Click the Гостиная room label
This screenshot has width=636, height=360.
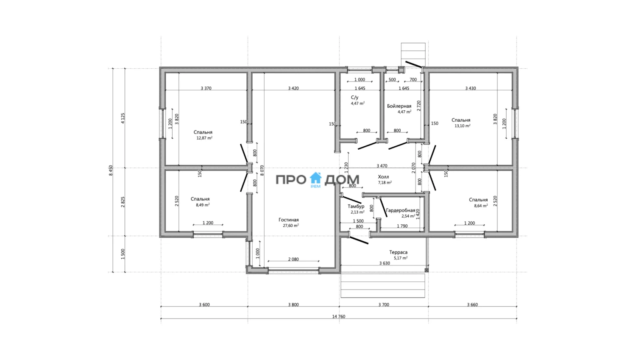288,220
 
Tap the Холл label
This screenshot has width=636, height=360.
383,177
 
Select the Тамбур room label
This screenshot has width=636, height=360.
356,207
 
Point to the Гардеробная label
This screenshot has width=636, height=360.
400,210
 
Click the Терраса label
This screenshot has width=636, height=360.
398,252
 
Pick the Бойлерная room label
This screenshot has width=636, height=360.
399,106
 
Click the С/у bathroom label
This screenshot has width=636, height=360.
354,98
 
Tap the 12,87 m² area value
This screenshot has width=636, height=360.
204,138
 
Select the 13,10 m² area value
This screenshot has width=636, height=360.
462,126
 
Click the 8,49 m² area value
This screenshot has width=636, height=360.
203,205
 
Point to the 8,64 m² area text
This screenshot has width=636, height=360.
481,206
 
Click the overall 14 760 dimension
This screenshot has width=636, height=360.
339,316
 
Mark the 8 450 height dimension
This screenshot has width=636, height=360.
111,170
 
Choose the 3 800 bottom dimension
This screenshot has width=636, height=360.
293,304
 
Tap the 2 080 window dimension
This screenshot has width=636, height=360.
293,259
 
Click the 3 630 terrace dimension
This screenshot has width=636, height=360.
385,263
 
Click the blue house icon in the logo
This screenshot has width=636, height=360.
315,178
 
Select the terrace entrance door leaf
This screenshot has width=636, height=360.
358,240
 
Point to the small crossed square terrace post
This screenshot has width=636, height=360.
426,270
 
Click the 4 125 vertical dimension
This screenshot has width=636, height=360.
123,118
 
